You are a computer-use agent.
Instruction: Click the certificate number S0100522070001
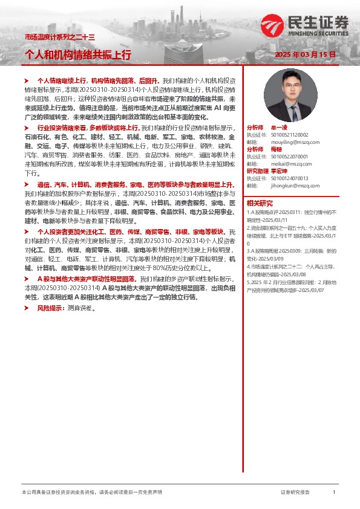[x=287, y=156]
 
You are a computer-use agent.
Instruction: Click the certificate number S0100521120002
[x=287, y=135]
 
